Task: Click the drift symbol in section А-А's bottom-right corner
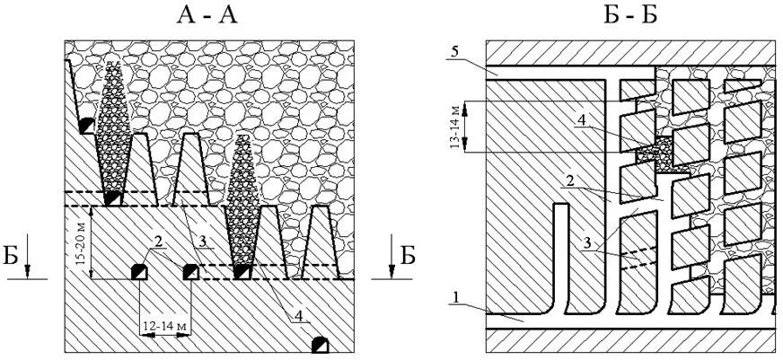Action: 319,345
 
